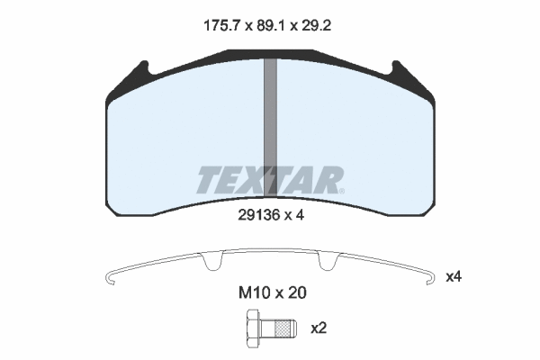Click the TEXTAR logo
tap(268, 181)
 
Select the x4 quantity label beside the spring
tap(454, 276)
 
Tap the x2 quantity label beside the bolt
tap(319, 328)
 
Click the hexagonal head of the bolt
tap(249, 328)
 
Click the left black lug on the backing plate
tap(141, 71)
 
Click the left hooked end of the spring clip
tap(109, 278)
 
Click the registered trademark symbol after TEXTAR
tap(340, 190)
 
